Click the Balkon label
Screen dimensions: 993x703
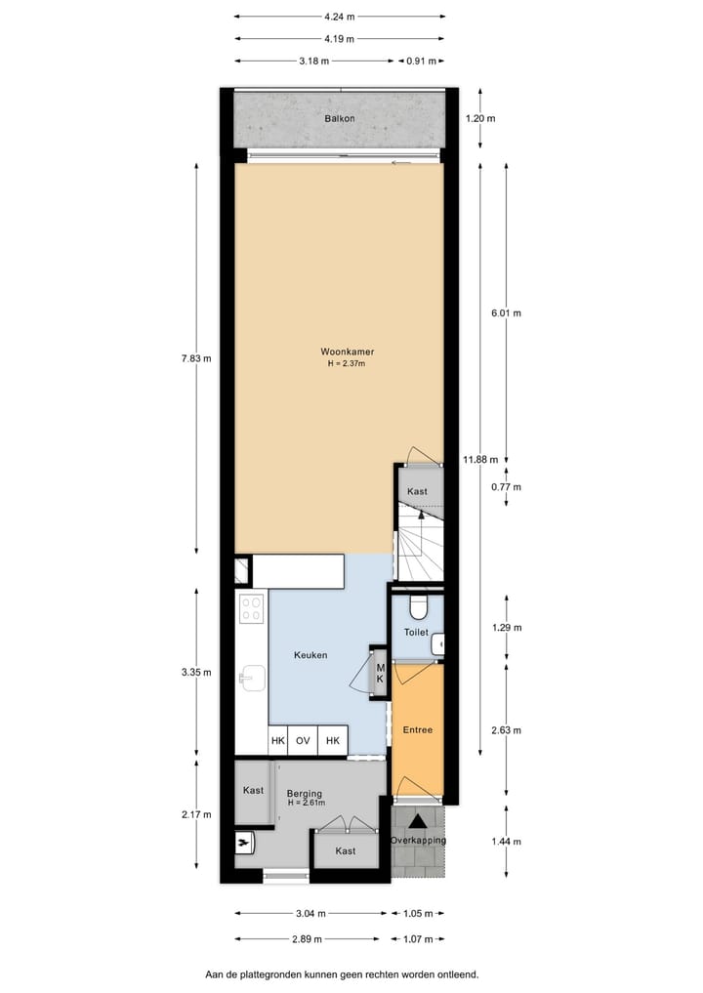340,119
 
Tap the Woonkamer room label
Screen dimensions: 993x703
348,352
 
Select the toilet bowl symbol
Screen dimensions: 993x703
418,608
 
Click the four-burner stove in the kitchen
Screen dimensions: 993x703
252,608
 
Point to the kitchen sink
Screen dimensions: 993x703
251,676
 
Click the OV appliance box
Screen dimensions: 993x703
303,741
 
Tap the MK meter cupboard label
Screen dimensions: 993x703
381,672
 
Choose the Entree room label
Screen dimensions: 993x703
417,729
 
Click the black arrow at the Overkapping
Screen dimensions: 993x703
418,822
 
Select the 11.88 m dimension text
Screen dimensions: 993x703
480,459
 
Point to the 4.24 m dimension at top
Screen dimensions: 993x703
340,17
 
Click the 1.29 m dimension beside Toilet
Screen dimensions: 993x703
506,627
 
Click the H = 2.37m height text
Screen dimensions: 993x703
348,364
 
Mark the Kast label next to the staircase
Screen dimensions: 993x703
417,491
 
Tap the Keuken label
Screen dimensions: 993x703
310,655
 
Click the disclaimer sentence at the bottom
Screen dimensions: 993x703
342,974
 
